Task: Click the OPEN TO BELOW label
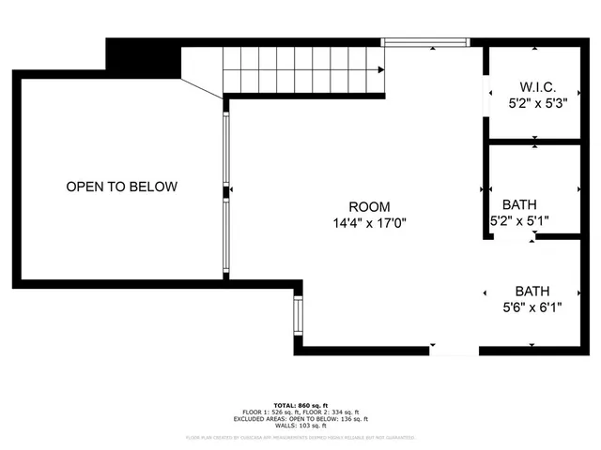point(121,187)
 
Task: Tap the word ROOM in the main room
point(369,206)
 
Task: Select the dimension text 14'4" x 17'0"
point(369,223)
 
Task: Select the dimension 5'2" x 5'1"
point(519,221)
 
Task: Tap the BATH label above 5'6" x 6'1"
point(532,291)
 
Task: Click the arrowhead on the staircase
point(380,69)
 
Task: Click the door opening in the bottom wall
point(455,351)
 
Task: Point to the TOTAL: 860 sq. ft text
point(300,403)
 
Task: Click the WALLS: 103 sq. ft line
point(300,427)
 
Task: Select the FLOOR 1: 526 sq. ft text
point(269,412)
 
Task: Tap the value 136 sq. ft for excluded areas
point(348,419)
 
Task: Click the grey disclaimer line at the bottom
point(300,437)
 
